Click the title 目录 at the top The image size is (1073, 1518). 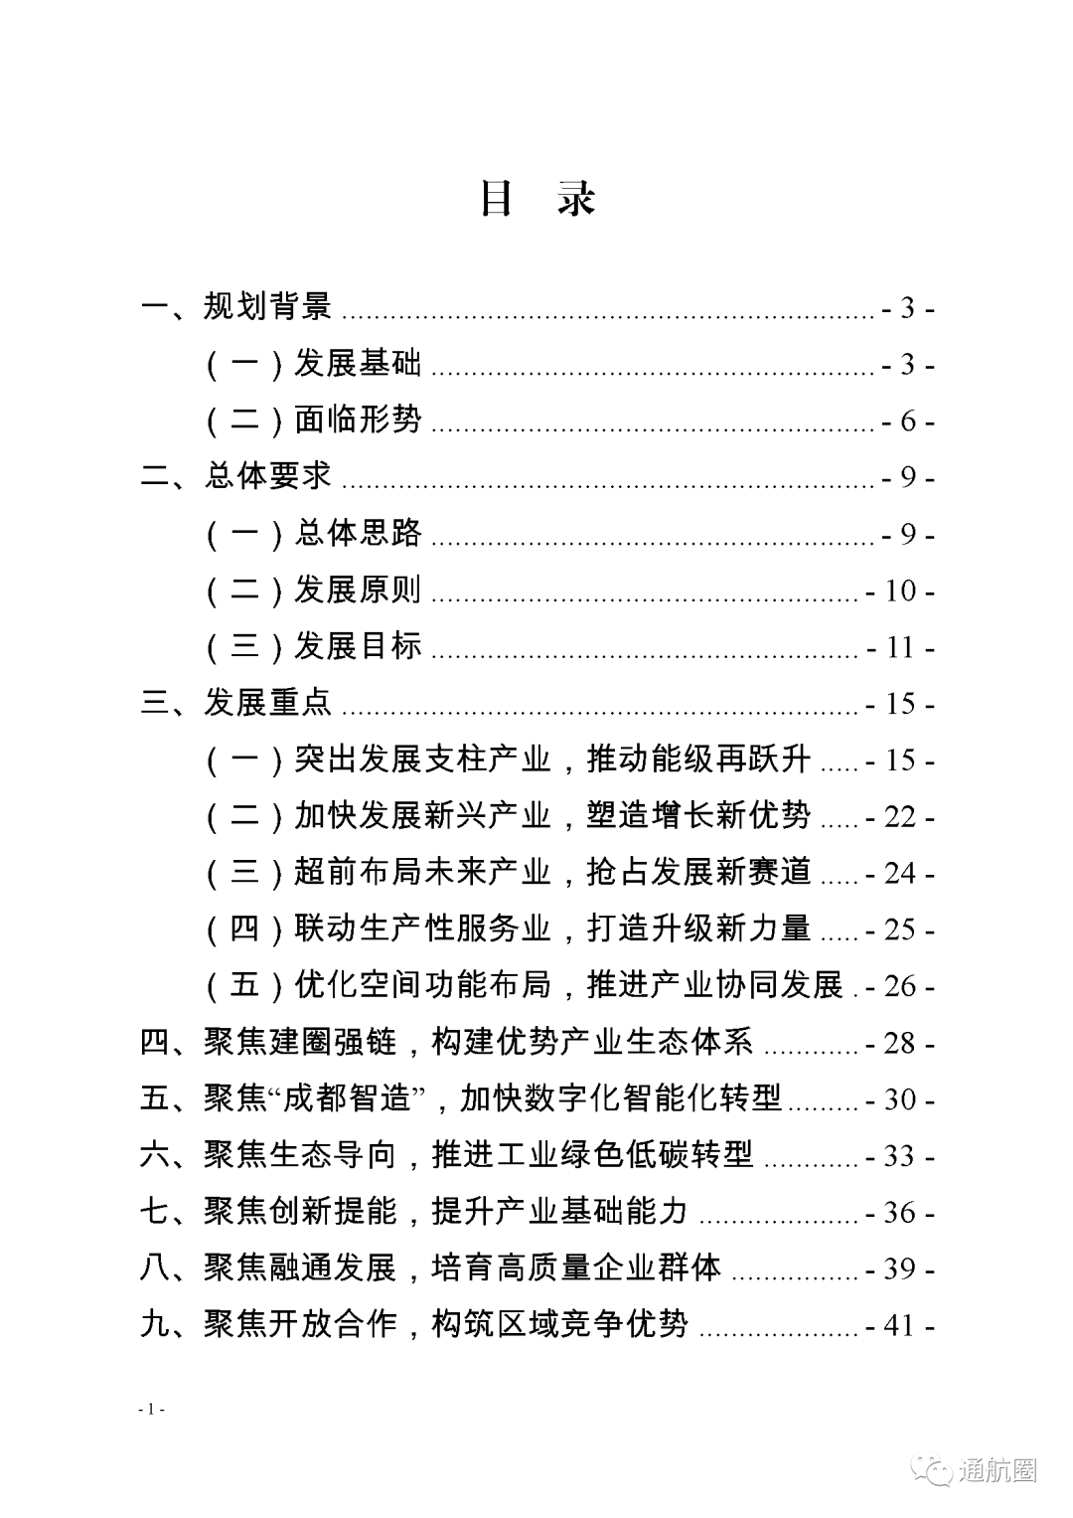coord(536,199)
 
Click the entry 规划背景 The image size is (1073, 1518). coord(267,306)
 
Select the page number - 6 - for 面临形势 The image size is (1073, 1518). coord(907,422)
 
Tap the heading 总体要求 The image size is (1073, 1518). coord(267,476)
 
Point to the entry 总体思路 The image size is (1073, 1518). coord(358,534)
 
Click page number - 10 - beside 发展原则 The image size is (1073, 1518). coord(899,591)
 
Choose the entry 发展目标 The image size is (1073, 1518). coord(358,646)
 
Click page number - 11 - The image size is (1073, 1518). coord(899,648)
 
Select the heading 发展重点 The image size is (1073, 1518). coord(267,703)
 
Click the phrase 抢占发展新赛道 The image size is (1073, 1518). coord(699,873)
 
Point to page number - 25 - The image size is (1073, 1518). coord(899,930)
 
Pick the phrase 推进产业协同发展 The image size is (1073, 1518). coord(715,985)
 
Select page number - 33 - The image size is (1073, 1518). coord(899,1156)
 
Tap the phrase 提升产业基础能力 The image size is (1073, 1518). coord(559,1211)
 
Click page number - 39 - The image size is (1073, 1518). coord(899,1269)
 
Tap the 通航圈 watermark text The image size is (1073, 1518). coord(997,1470)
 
